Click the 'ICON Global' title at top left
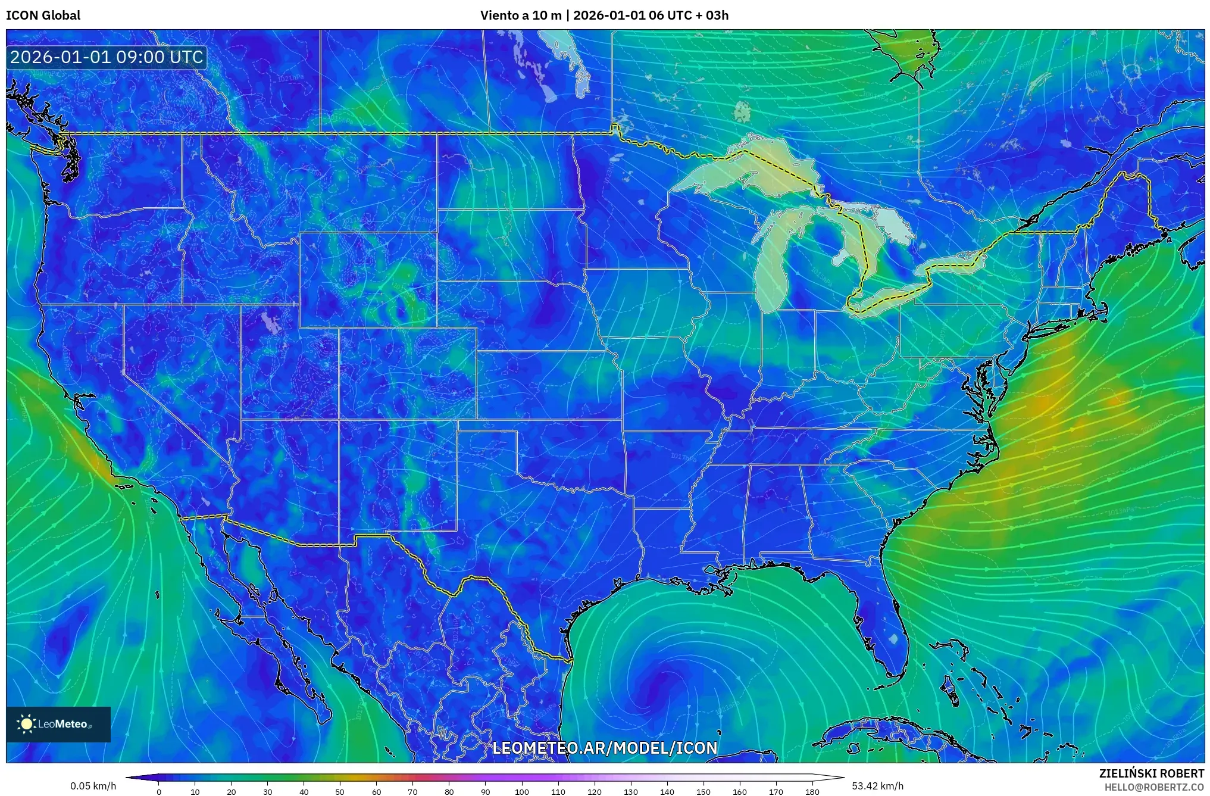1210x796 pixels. point(43,15)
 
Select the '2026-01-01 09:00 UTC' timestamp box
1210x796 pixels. point(107,57)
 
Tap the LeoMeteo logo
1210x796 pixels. point(58,724)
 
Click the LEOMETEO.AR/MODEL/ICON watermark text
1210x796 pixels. point(605,748)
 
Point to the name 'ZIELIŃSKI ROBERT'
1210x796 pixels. point(1151,773)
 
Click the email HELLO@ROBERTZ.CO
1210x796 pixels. point(1154,787)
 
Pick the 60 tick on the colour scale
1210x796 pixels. point(376,792)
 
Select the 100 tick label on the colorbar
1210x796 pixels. point(521,792)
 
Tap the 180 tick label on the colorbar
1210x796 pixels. point(812,792)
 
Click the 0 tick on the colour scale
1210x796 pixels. point(159,792)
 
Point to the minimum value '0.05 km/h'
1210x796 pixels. point(93,786)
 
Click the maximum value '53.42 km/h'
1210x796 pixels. point(877,786)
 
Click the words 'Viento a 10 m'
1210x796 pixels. point(521,15)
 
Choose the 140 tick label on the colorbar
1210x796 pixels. point(667,792)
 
